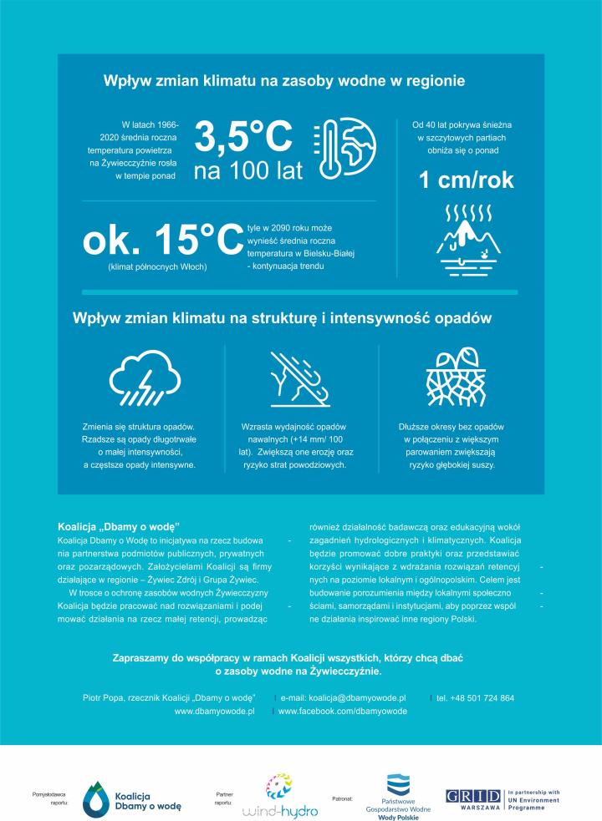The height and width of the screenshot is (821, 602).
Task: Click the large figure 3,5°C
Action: click(x=243, y=137)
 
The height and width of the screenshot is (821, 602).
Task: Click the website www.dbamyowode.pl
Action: click(x=214, y=711)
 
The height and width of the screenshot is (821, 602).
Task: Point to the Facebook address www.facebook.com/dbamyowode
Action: click(x=342, y=711)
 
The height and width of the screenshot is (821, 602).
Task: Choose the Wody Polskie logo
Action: click(x=398, y=795)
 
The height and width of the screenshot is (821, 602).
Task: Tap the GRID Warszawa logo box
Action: click(x=474, y=796)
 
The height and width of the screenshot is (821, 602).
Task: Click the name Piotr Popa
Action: click(x=101, y=697)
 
